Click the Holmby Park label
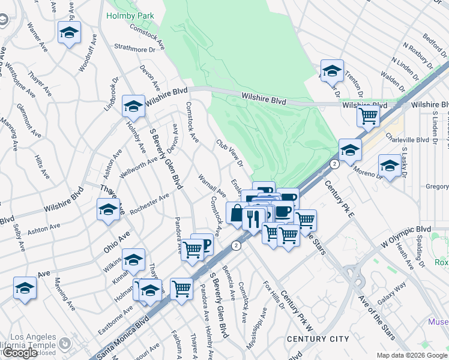pos(130,16)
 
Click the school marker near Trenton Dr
pos(332,71)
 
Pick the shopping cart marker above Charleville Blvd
pos(368,115)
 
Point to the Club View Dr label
pos(230,154)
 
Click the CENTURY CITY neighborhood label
pos(318,339)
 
